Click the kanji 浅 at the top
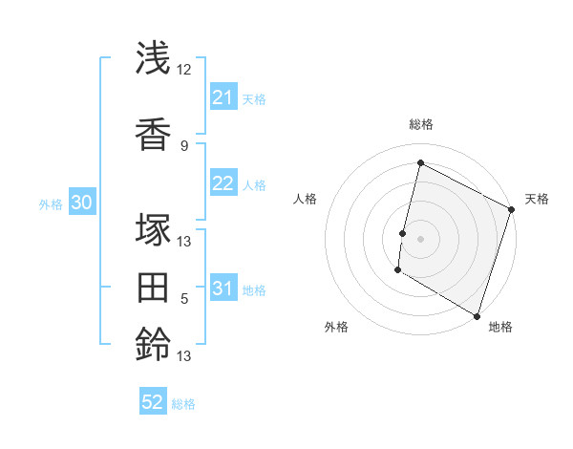(154, 59)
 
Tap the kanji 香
(154, 135)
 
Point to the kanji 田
(154, 287)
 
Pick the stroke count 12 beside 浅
(184, 70)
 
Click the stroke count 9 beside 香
(184, 145)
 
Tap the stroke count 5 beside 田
(184, 299)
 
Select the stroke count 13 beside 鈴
(184, 356)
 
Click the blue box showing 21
(223, 96)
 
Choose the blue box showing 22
(223, 183)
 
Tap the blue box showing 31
(223, 289)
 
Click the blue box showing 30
(81, 203)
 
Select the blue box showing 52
(153, 402)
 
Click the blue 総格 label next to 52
(183, 404)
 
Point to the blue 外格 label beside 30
(51, 204)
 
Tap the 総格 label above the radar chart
(420, 124)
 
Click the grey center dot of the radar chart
(420, 238)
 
